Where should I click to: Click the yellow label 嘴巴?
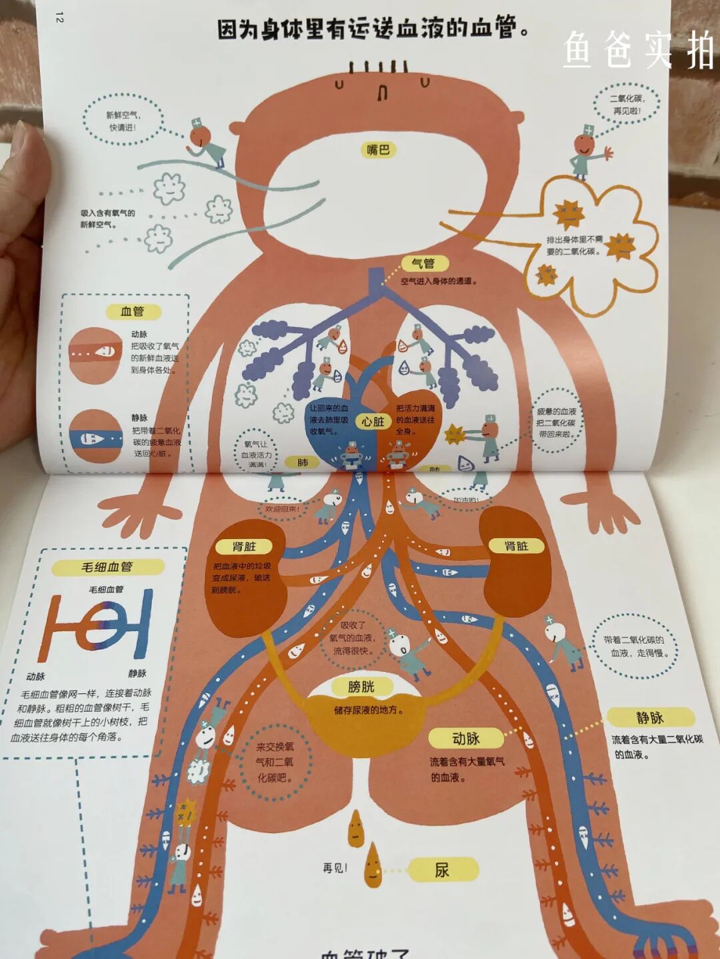(378, 150)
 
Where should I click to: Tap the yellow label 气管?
(423, 264)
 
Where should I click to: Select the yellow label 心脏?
(373, 421)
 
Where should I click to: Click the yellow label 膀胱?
(361, 687)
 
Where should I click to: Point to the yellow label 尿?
(443, 870)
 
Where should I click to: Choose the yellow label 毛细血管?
(107, 566)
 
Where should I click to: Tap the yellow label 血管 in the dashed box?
(132, 311)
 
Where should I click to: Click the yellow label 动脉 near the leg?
(466, 738)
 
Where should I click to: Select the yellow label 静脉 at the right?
(649, 718)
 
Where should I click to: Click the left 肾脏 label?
(244, 546)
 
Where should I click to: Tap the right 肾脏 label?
(516, 546)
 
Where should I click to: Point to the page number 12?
(59, 17)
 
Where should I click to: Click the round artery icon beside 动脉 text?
(96, 354)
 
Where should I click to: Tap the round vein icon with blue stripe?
(96, 437)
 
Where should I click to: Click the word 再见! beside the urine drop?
(335, 868)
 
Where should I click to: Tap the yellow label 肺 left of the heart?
(303, 463)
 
